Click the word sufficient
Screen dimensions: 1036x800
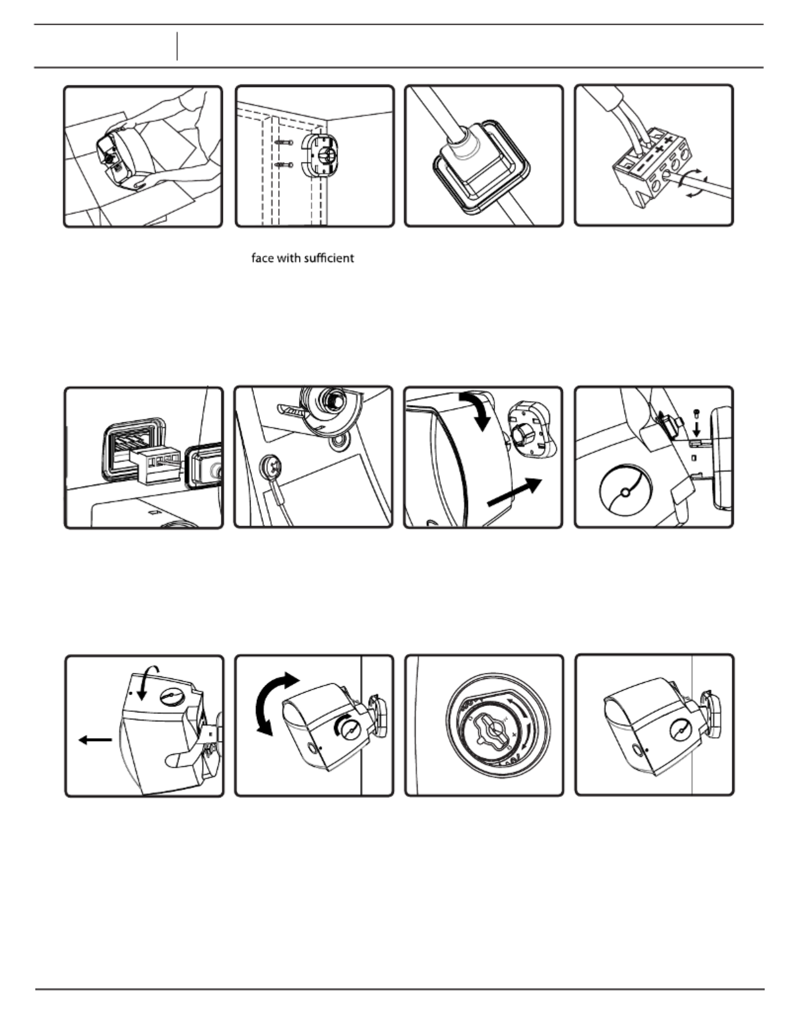(330, 258)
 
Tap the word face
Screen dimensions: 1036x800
(262, 258)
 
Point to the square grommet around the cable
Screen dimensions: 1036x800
(481, 168)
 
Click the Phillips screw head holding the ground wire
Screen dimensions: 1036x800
(270, 465)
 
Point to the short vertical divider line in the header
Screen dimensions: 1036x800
(177, 46)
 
